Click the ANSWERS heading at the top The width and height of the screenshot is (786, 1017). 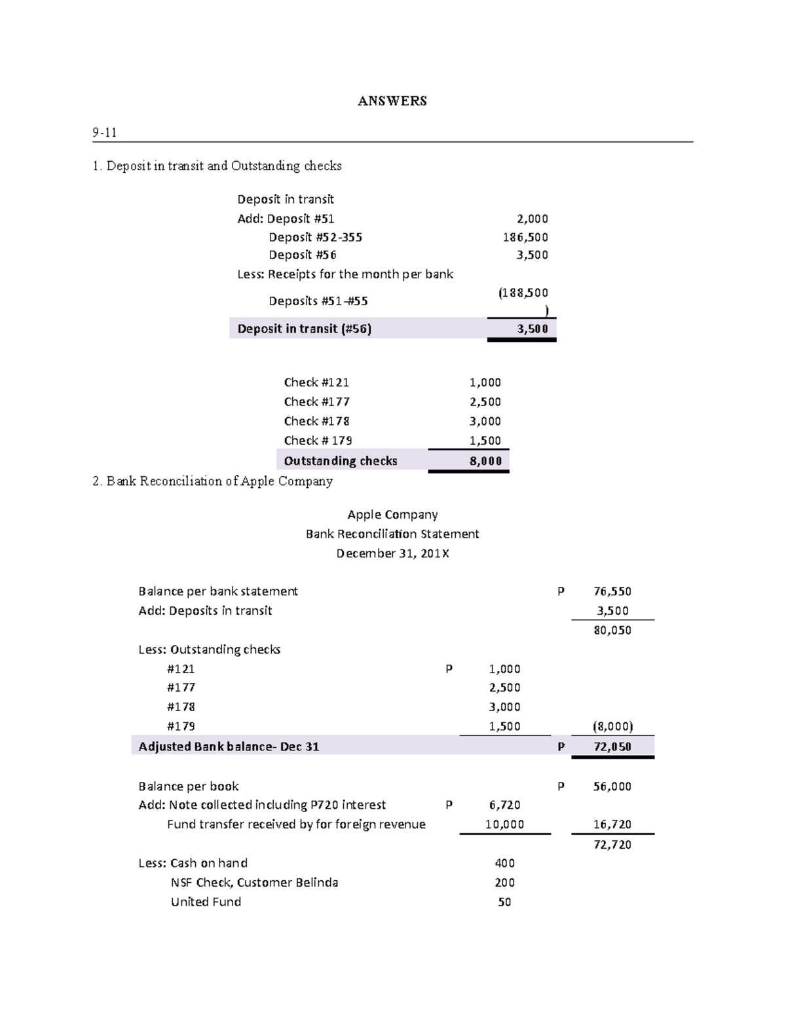(x=392, y=101)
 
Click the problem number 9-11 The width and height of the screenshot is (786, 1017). (x=104, y=133)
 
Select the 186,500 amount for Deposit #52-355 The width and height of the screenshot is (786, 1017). (x=525, y=237)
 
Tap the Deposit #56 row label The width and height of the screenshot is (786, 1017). (x=302, y=255)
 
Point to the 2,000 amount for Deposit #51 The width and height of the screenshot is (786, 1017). (x=532, y=219)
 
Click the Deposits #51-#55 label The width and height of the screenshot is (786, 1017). (x=318, y=301)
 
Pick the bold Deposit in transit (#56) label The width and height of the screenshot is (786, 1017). (x=304, y=329)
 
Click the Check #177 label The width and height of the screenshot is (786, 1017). (x=316, y=401)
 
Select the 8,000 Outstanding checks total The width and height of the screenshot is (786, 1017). (x=485, y=461)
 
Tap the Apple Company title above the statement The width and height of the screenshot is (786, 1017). (x=392, y=515)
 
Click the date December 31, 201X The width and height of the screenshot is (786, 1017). (x=392, y=553)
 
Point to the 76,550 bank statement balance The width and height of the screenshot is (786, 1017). (x=612, y=591)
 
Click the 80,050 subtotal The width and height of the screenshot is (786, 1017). (x=612, y=631)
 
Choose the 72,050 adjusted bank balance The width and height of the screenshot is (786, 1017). (x=612, y=747)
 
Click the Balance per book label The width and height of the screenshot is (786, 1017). (x=189, y=786)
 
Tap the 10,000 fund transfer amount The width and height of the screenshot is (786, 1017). (x=504, y=824)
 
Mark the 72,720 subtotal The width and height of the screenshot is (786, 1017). (x=612, y=845)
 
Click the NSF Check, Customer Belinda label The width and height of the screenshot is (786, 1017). (x=254, y=883)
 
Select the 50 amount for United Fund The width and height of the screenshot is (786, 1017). (x=504, y=902)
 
